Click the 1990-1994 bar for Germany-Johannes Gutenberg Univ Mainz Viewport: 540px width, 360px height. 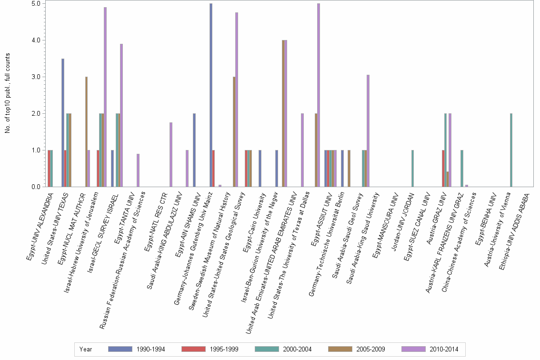(x=211, y=95)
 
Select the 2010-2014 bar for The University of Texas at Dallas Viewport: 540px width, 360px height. (x=319, y=95)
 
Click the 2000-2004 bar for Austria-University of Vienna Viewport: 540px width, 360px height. (x=511, y=150)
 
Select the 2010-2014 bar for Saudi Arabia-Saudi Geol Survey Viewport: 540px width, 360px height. (x=368, y=131)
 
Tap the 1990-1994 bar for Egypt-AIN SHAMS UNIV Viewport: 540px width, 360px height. (x=194, y=150)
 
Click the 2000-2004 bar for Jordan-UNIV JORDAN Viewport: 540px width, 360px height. (x=412, y=169)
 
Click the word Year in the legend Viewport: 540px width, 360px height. (x=86, y=349)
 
